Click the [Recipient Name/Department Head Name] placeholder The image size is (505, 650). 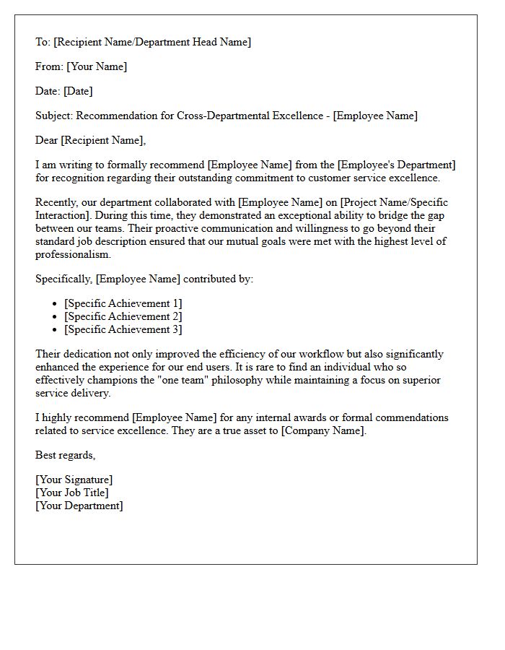pyautogui.click(x=152, y=42)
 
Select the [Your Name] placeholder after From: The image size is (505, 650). pyautogui.click(x=97, y=66)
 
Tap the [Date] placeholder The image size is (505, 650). pyautogui.click(x=78, y=91)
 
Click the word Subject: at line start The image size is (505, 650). pyautogui.click(x=54, y=116)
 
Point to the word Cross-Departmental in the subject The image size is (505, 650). pyautogui.click(x=210, y=116)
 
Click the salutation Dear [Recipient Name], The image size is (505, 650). pyautogui.click(x=90, y=140)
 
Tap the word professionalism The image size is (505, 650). pyautogui.click(x=73, y=254)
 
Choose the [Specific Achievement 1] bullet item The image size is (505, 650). pyautogui.click(x=123, y=303)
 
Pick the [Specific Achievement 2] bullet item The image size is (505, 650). pyautogui.click(x=123, y=316)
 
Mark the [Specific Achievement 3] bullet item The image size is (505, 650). pyautogui.click(x=123, y=329)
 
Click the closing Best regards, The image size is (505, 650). pyautogui.click(x=65, y=455)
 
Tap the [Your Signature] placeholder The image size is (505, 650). pyautogui.click(x=74, y=480)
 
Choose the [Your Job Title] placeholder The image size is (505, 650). pyautogui.click(x=72, y=493)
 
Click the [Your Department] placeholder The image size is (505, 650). pyautogui.click(x=79, y=506)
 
